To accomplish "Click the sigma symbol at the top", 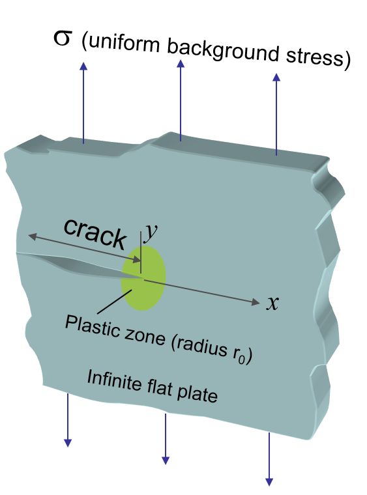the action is point(62,38).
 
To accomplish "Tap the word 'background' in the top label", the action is point(223,51).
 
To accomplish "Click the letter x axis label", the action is point(272,303).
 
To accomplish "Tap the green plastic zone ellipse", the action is point(143,278).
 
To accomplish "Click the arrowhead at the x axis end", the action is point(256,302).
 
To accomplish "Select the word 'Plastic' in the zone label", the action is point(93,326).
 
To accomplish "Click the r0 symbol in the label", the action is point(239,356).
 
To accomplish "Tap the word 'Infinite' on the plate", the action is point(114,380).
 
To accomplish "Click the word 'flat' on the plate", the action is point(160,388).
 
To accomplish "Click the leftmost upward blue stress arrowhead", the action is point(83,66).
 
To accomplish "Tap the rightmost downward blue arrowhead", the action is point(269,482).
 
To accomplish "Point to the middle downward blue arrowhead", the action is point(166,460).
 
